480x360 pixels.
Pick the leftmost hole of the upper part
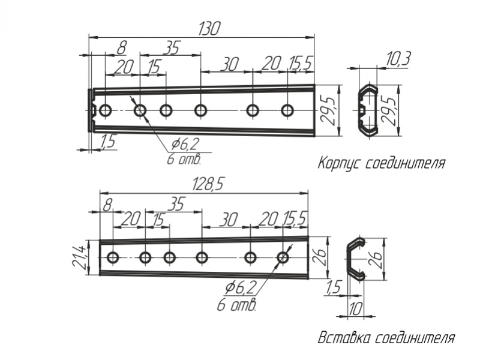(x=106, y=110)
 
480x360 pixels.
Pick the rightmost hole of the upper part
(x=288, y=110)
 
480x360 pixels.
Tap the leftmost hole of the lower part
(x=112, y=258)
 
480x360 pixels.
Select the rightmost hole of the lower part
(x=283, y=258)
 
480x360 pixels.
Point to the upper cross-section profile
(x=367, y=110)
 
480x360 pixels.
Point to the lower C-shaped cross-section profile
(x=356, y=258)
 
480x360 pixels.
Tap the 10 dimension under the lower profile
(x=355, y=309)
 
